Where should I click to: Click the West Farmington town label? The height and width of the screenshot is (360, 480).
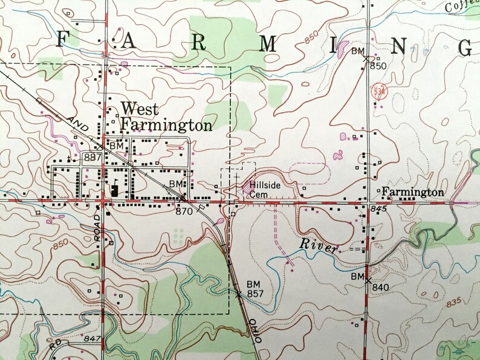click(166, 117)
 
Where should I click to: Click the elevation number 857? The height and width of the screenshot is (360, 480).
click(256, 293)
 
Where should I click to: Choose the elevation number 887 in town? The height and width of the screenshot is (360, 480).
click(92, 157)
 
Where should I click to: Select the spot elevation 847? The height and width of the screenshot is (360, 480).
click(92, 339)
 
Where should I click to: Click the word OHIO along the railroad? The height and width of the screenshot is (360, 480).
click(256, 333)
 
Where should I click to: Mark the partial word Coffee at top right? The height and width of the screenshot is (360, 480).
click(462, 6)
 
